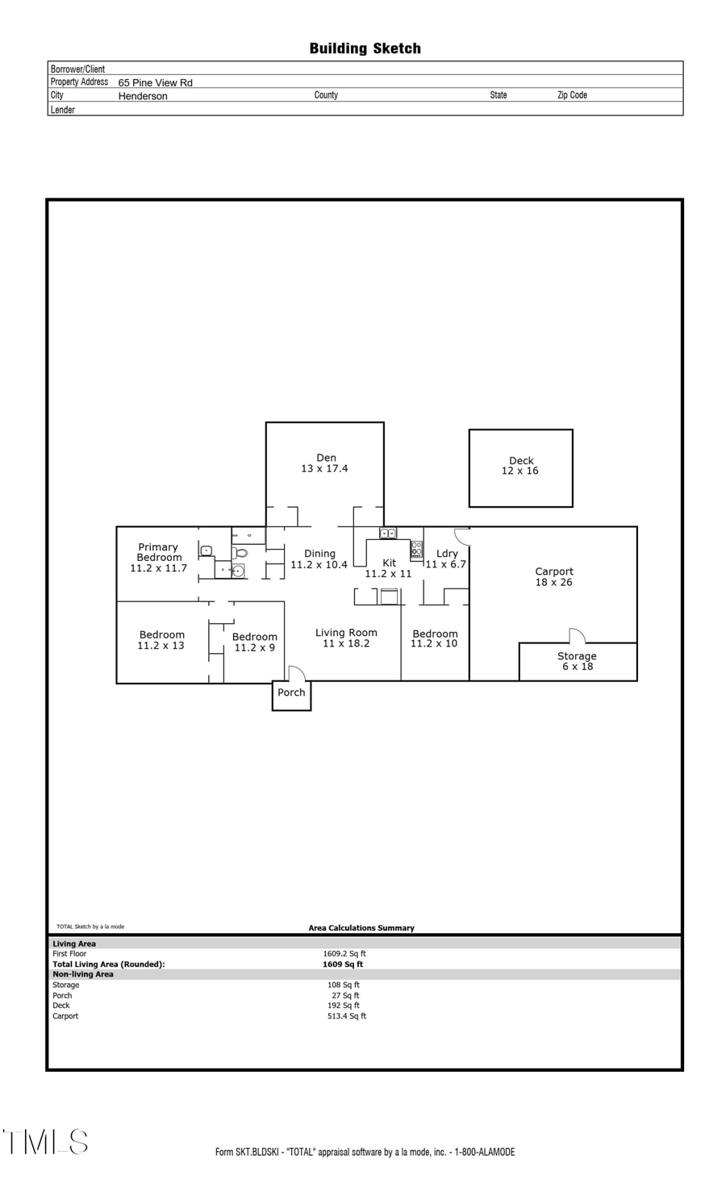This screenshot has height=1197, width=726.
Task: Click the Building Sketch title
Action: [x=365, y=48]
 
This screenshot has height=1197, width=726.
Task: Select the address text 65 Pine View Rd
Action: [x=155, y=82]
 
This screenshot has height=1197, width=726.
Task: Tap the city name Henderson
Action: [x=143, y=96]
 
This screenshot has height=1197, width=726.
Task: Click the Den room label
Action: [x=326, y=458]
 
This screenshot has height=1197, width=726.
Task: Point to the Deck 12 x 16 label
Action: [x=520, y=466]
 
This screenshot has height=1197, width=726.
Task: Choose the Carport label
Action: [x=554, y=571]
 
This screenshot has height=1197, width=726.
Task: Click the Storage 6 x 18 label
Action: [x=577, y=661]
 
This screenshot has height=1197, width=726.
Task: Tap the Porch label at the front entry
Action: [x=291, y=693]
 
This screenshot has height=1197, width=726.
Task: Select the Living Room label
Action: [x=346, y=633]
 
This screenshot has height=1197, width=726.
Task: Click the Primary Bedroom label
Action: [x=158, y=552]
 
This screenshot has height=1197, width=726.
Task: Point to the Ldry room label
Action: [x=447, y=554]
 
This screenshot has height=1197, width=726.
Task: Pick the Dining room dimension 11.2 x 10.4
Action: [x=319, y=565]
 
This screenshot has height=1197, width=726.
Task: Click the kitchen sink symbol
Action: [x=388, y=534]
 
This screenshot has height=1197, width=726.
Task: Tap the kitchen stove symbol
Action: [x=416, y=550]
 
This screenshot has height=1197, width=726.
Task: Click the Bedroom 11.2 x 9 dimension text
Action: [x=254, y=648]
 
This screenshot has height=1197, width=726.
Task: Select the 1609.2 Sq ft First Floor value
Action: [x=344, y=954]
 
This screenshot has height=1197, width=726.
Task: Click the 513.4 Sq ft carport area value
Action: [x=346, y=1016]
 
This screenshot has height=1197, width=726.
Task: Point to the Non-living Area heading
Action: [x=83, y=974]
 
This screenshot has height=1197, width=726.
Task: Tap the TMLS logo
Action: [x=46, y=1142]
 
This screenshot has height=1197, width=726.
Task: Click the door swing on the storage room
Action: [x=576, y=635]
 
